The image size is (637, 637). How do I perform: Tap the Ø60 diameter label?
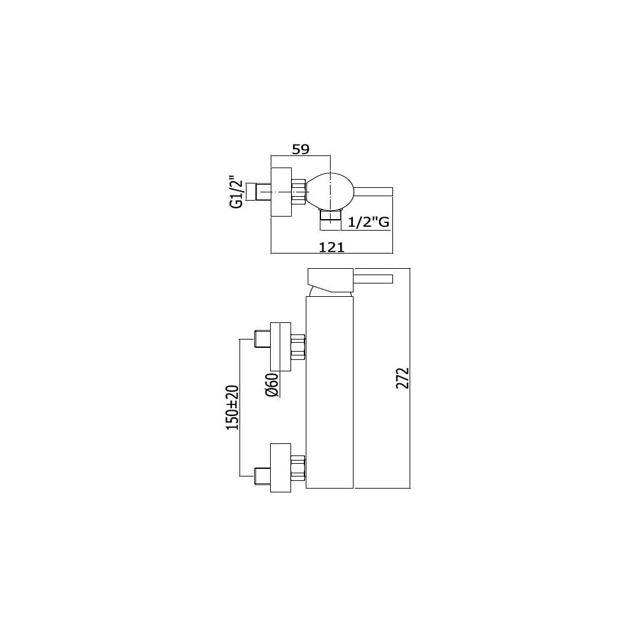[x=273, y=386]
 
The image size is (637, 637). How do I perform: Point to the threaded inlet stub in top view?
[x=263, y=191]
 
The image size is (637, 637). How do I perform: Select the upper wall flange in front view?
[x=280, y=346]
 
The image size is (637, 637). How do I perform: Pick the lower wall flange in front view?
[x=280, y=467]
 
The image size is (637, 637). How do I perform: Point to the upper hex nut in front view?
[x=297, y=347]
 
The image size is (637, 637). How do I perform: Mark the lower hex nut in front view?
[x=297, y=468]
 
